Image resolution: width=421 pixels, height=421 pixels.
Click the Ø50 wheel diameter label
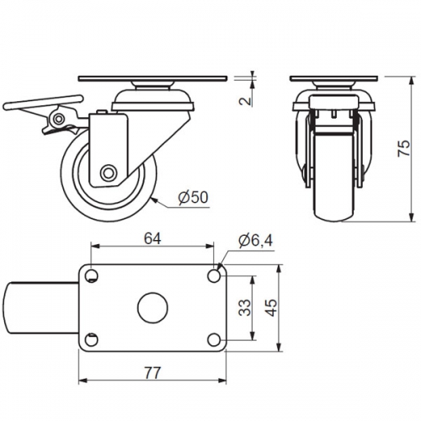pos(194,197)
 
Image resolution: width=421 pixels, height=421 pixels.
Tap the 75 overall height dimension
pos(404,148)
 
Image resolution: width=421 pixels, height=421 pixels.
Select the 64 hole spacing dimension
pos(152,238)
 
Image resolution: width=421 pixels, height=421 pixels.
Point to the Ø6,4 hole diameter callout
pos(255,241)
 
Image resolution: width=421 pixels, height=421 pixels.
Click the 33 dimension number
pos(245,308)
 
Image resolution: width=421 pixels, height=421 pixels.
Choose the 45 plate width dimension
pos(271,308)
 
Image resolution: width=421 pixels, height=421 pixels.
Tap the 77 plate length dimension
pos(152,373)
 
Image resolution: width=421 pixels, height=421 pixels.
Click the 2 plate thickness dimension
pos(245,101)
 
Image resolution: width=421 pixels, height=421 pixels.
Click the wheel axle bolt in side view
pos(109,173)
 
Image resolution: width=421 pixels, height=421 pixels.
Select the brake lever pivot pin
pos(59,119)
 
